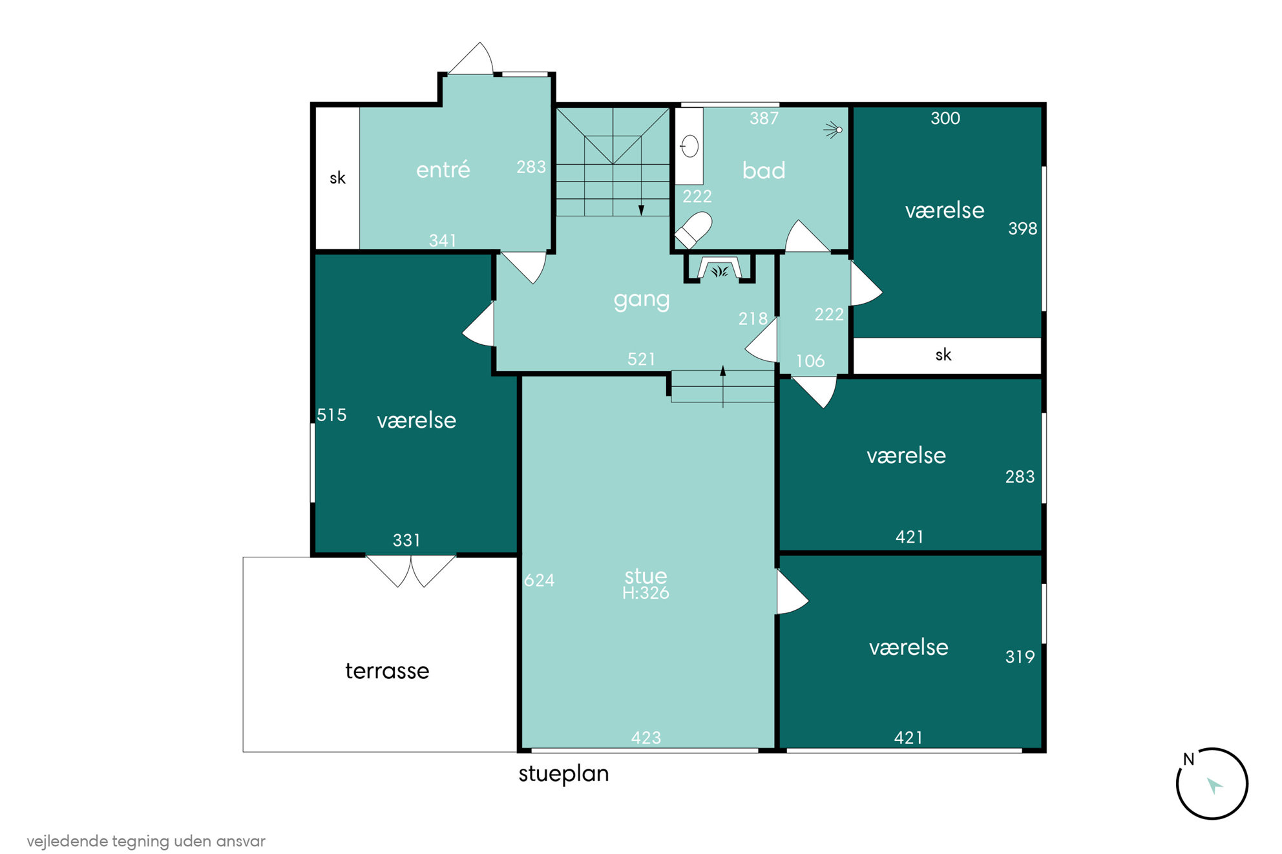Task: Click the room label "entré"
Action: pos(443,169)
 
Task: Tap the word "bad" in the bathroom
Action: pos(764,170)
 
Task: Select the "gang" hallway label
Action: pos(642,300)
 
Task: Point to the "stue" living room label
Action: pos(646,576)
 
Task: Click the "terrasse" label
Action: pos(387,671)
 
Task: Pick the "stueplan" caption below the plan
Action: pos(563,774)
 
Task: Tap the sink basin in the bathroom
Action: pos(689,147)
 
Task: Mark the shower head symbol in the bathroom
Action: pos(834,130)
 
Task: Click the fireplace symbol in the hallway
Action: pos(720,269)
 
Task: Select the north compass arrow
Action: pos(1214,786)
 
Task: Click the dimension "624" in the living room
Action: pos(539,580)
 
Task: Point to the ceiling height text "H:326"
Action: pos(646,593)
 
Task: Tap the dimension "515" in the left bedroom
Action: pos(331,415)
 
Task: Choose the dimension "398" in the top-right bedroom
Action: pos(1022,228)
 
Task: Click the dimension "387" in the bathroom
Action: pos(764,118)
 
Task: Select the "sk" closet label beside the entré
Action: pos(337,178)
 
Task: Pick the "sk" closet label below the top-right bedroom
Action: pos(943,354)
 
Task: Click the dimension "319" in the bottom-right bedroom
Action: pos(1020,656)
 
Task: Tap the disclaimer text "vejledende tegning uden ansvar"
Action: pos(146,841)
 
